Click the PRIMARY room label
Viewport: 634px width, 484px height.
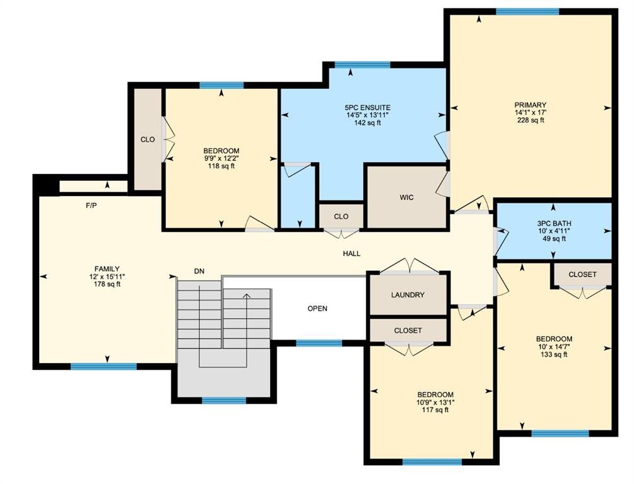[x=530, y=105]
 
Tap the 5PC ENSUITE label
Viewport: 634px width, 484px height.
[x=368, y=108]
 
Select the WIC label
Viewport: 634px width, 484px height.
[x=406, y=197]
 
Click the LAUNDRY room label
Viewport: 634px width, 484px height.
[x=408, y=295]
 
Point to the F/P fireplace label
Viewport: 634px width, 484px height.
[x=91, y=205]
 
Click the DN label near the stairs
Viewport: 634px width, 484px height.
[x=199, y=272]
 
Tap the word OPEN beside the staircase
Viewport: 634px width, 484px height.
[x=317, y=309]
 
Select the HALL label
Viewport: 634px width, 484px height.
[x=351, y=254]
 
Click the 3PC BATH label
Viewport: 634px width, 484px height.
[x=554, y=224]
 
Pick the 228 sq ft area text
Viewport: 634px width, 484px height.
[x=530, y=120]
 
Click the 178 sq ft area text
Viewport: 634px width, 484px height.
[x=107, y=284]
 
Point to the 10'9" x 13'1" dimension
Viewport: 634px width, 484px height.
[x=435, y=403]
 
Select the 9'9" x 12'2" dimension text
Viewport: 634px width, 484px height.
[x=221, y=158]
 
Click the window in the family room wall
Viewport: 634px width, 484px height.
[x=103, y=366]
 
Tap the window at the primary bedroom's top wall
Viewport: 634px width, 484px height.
[x=527, y=11]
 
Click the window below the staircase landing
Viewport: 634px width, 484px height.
[x=224, y=400]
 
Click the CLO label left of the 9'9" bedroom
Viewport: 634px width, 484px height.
[x=148, y=139]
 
